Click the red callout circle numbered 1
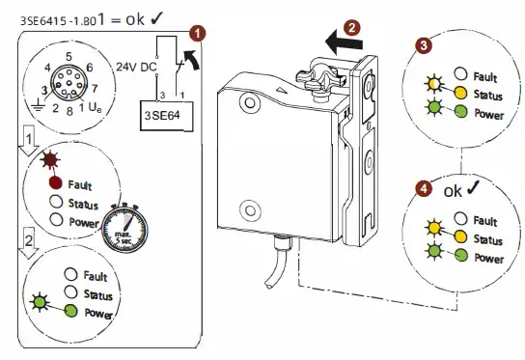pyautogui.click(x=199, y=32)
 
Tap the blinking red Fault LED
pyautogui.click(x=56, y=183)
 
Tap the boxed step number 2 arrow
pyautogui.click(x=31, y=236)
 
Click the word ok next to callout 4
pyautogui.click(x=454, y=189)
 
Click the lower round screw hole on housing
pyautogui.click(x=250, y=208)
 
